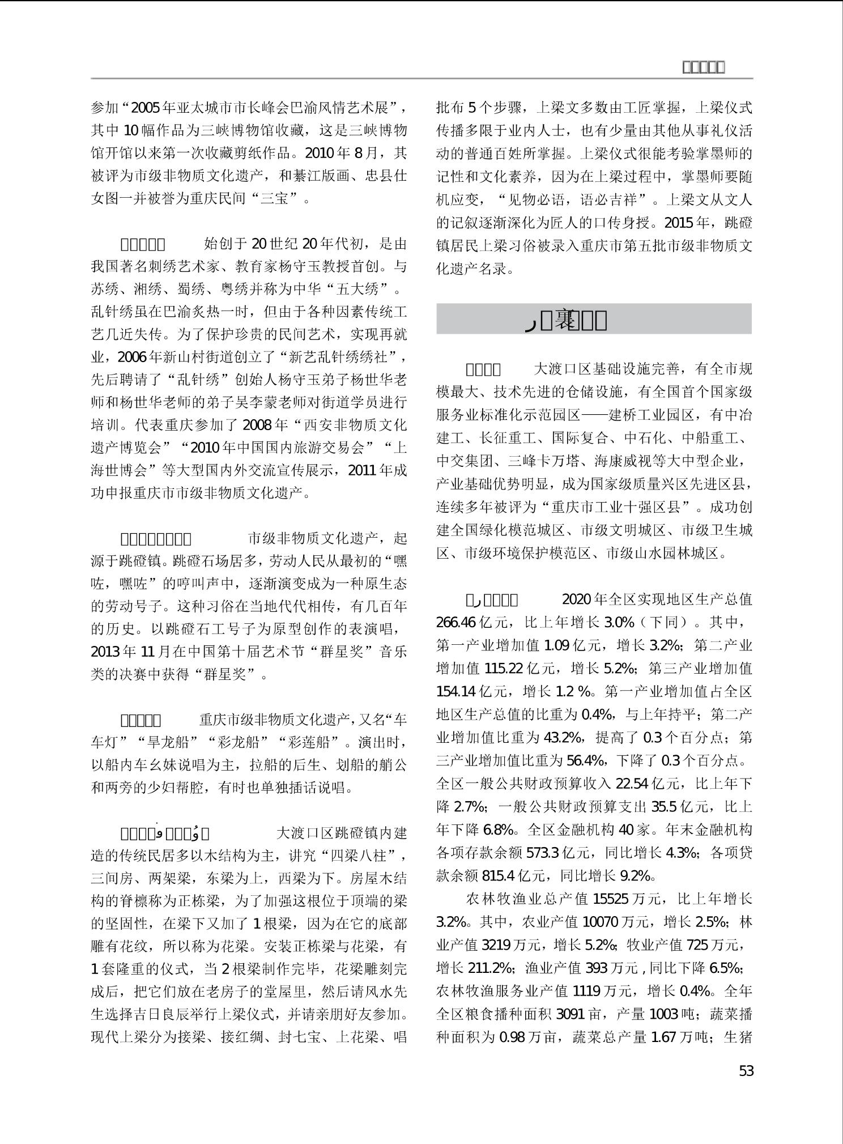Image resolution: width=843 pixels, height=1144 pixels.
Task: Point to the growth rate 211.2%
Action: tap(489, 968)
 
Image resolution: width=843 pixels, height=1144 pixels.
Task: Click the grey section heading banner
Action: tap(594, 319)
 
